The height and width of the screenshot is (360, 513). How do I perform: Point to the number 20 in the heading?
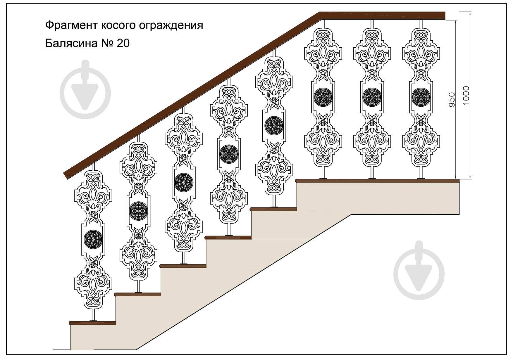123,44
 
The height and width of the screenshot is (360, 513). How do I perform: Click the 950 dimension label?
452,99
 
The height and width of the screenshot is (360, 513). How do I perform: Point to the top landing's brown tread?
377,181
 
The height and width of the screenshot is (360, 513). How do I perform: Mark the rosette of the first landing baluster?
323,96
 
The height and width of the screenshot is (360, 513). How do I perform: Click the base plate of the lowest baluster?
93,321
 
